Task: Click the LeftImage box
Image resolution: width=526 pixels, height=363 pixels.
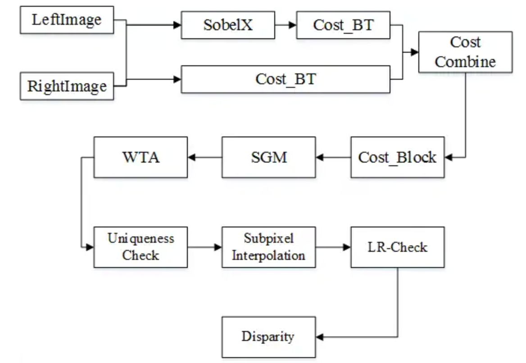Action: tap(67, 20)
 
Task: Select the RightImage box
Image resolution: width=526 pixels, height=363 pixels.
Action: tap(67, 86)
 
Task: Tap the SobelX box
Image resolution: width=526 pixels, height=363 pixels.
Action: tap(228, 25)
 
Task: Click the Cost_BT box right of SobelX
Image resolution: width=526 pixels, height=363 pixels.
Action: tap(343, 25)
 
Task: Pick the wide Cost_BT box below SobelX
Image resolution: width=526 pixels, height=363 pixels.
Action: tap(286, 80)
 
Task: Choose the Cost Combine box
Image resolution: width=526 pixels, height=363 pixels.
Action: tap(465, 52)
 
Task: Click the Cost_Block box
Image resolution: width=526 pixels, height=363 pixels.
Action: tap(397, 157)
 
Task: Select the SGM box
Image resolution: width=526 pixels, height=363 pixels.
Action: tap(268, 157)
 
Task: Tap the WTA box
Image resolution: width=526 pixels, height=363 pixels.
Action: tap(141, 157)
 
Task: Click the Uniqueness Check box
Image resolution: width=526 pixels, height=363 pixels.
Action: tap(141, 247)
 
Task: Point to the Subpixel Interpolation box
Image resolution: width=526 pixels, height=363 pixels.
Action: tap(268, 247)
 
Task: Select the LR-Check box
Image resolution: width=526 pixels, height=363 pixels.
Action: tap(397, 247)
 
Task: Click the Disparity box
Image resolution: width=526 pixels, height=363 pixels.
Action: tap(268, 337)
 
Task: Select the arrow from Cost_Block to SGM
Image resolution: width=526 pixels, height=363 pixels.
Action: tap(333, 157)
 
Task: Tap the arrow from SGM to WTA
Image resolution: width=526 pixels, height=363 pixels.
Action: tap(205, 157)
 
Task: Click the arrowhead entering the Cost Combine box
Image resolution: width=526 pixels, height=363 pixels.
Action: tap(415, 52)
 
